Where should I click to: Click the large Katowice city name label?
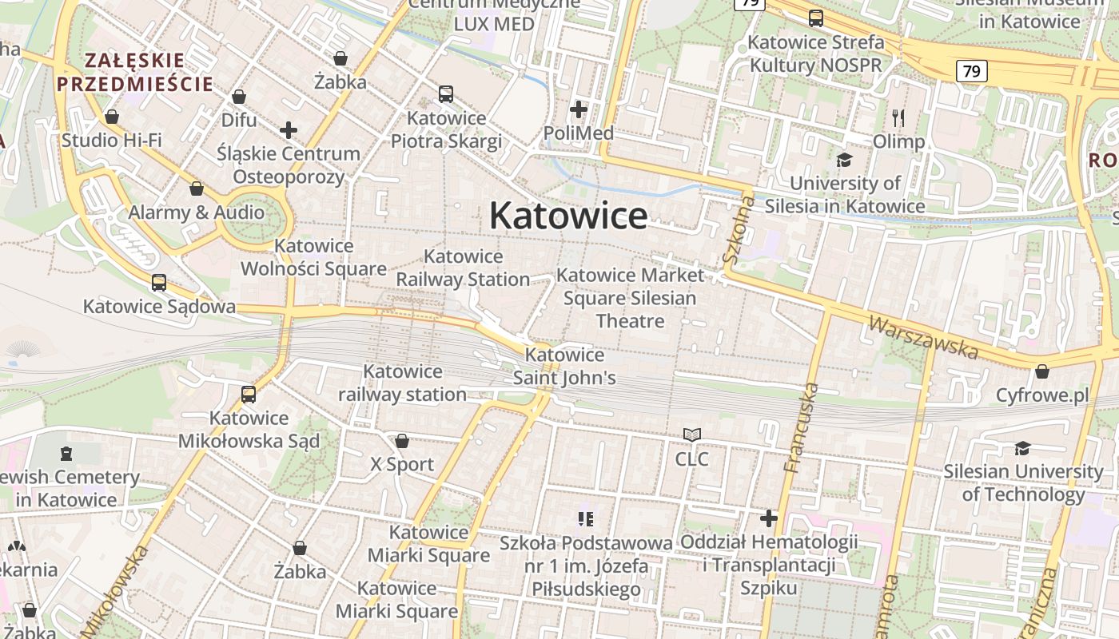click(x=568, y=216)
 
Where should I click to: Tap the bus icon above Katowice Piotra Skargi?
click(x=446, y=94)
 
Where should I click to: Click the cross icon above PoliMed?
click(x=579, y=109)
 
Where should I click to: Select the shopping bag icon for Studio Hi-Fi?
click(x=112, y=117)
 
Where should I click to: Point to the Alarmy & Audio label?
click(x=197, y=212)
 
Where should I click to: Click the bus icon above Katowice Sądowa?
click(x=159, y=283)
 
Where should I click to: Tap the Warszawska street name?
click(x=923, y=337)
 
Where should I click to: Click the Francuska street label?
click(x=802, y=428)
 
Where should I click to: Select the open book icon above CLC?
click(x=692, y=435)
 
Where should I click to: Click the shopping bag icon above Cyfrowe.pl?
click(x=1041, y=371)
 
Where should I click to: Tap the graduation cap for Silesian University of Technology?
click(x=1022, y=448)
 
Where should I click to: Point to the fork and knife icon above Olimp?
click(x=898, y=118)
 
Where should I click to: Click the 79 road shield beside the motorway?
click(x=971, y=71)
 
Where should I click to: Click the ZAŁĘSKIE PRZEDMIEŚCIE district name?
click(x=134, y=72)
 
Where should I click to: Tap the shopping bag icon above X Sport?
click(x=402, y=441)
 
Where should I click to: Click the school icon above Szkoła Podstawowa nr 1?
click(x=586, y=520)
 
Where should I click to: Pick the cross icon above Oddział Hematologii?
click(x=768, y=518)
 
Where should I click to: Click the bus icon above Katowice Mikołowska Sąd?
click(x=249, y=395)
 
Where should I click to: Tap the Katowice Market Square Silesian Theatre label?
click(x=630, y=298)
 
